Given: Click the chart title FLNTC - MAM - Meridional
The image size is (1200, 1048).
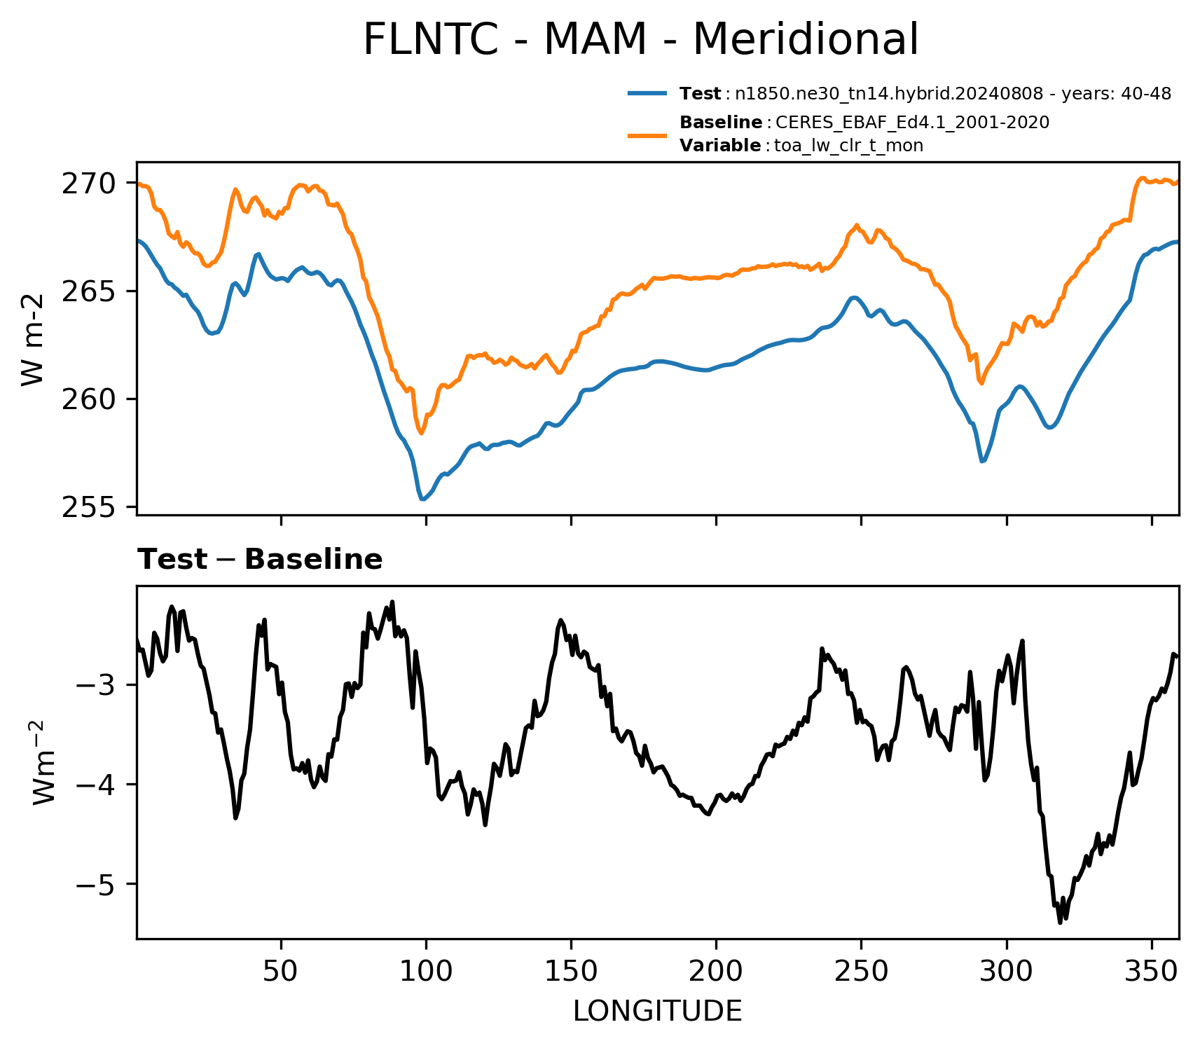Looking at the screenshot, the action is [640, 39].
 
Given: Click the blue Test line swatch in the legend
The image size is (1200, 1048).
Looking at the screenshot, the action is [647, 93].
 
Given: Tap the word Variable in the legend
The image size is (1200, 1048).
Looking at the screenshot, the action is [720, 146].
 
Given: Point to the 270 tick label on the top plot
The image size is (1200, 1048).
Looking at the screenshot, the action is [88, 184].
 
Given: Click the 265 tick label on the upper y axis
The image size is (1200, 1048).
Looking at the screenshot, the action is [88, 291].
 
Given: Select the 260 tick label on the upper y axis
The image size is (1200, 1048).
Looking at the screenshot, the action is [88, 399].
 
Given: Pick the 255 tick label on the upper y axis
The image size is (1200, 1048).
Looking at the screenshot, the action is [88, 507].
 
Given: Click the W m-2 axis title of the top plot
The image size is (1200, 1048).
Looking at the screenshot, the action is [33, 339].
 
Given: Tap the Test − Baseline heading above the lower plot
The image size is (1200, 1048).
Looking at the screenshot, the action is [260, 560].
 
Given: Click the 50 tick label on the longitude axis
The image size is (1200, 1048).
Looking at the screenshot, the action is [281, 971].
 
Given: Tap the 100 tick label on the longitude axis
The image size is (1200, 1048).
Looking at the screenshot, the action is [426, 971].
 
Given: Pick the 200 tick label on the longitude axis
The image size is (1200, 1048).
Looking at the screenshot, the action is [716, 971].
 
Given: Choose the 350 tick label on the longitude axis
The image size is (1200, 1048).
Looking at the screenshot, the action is [1151, 971].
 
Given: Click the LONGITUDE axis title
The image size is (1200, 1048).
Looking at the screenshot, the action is [658, 1012].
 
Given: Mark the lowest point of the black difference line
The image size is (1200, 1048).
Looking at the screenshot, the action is [1060, 923].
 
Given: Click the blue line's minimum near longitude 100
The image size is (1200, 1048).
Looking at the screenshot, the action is [422, 499].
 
